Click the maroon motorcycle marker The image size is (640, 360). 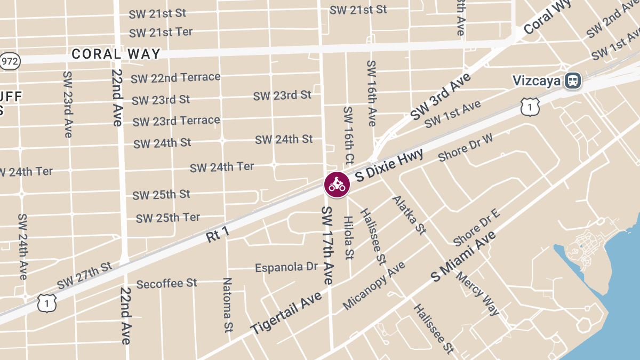[x=337, y=185]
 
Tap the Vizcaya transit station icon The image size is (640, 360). [x=573, y=81]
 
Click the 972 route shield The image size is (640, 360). [x=10, y=61]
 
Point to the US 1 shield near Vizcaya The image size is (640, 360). [x=531, y=107]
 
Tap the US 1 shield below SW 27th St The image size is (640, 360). [x=47, y=303]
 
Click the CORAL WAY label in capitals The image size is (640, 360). [x=116, y=54]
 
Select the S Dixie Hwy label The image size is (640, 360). [x=389, y=165]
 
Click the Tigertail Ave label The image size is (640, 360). [x=286, y=313]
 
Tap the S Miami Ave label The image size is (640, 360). [x=463, y=257]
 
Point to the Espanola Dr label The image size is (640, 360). [x=286, y=267]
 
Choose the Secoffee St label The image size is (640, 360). [x=166, y=284]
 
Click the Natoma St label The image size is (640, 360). [x=228, y=305]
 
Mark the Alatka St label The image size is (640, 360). [x=410, y=215]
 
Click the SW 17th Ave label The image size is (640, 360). [x=327, y=245]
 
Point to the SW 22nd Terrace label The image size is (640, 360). [x=175, y=78]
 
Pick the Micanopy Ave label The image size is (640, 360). [x=374, y=286]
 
